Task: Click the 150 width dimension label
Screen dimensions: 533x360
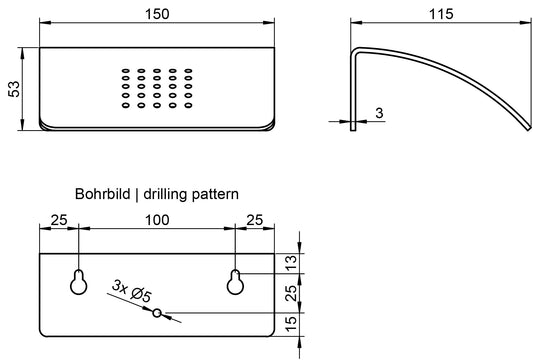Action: coord(157,14)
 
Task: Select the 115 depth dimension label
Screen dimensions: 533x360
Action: coord(441,14)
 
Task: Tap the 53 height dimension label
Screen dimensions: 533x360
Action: coord(14,89)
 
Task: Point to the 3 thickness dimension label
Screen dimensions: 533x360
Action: coord(380,113)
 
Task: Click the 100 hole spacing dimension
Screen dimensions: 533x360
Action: coord(157,220)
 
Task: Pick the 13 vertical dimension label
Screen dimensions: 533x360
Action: coord(291,263)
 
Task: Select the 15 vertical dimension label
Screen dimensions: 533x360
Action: coord(291,324)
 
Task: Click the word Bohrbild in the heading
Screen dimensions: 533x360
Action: coord(103,194)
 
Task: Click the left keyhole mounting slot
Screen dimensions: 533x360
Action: coord(79,282)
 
